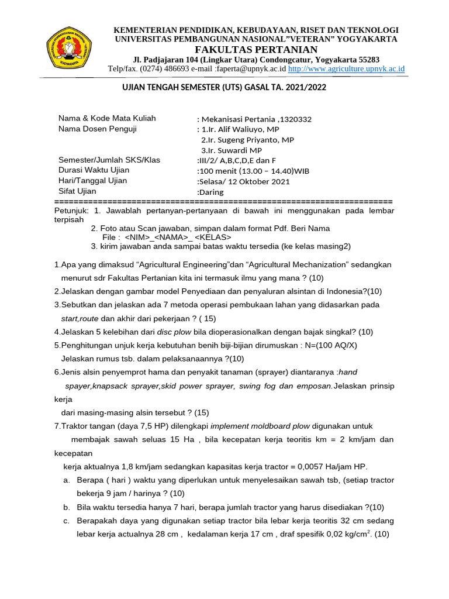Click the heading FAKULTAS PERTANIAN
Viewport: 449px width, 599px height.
click(256, 49)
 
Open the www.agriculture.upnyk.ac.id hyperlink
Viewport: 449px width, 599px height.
click(347, 69)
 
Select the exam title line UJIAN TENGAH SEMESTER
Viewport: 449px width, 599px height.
click(223, 87)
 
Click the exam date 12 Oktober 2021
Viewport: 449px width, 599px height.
click(261, 181)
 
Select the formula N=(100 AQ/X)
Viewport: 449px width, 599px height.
click(328, 345)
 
